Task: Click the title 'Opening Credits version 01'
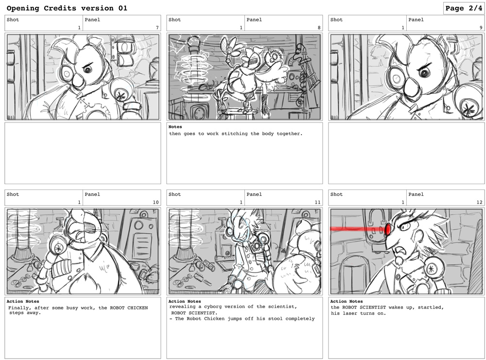click(67, 8)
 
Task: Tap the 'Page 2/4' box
click(464, 8)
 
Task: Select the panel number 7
click(157, 28)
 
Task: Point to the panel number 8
click(319, 28)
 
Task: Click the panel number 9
click(481, 28)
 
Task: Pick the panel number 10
click(156, 202)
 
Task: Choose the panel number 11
click(317, 202)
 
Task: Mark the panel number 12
click(479, 202)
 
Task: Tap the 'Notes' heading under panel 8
click(175, 127)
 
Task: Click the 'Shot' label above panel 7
click(13, 20)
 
